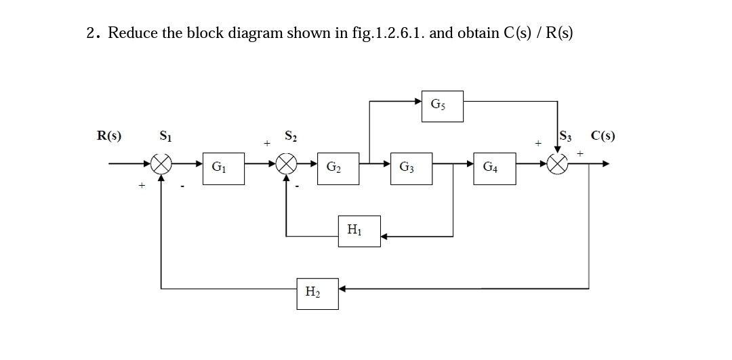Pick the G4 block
coord(491,166)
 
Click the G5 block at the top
coord(442,106)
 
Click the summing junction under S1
coord(161,163)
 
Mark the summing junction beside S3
coord(558,163)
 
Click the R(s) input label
coord(109,136)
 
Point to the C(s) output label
coord(603,136)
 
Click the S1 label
coord(165,136)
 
